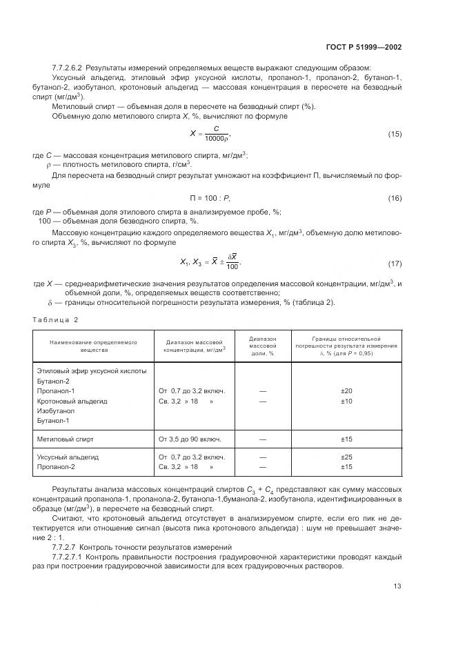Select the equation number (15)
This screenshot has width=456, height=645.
coord(395,132)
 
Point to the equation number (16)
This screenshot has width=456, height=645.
coord(395,198)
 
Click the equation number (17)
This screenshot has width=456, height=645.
coord(395,263)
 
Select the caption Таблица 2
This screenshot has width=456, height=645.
coord(56,319)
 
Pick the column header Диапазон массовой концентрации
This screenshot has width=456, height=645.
coord(195,346)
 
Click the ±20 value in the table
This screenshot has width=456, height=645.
coord(347,390)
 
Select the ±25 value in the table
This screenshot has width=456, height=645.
coord(347,457)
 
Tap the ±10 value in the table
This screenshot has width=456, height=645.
coord(347,401)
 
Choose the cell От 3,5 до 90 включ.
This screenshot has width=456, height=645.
coord(190,438)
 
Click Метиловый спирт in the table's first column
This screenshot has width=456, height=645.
coord(65,438)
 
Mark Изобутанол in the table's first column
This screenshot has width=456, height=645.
coord(56,410)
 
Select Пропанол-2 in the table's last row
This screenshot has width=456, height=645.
coord(56,467)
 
